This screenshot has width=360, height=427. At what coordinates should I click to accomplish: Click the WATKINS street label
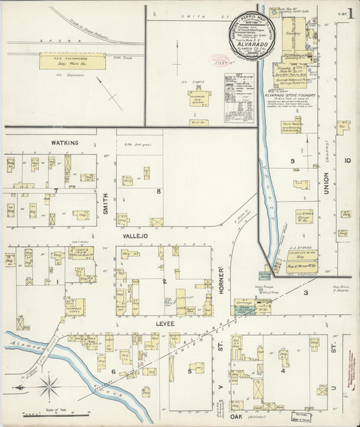(65, 143)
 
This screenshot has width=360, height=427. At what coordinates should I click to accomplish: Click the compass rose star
(49, 387)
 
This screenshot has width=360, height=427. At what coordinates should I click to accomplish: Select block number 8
(158, 191)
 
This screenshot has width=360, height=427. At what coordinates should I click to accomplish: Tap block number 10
(347, 160)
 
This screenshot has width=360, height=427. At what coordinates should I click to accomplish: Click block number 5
(190, 371)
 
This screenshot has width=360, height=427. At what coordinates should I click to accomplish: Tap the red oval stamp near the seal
(220, 59)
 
